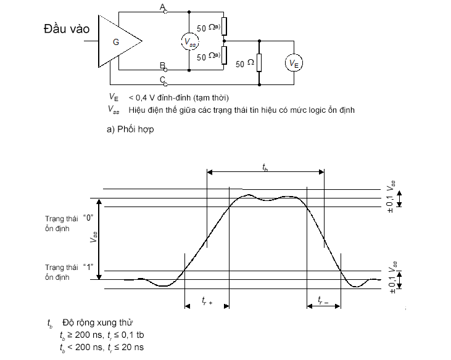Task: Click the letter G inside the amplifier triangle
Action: click(x=116, y=42)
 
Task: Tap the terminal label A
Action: click(x=162, y=7)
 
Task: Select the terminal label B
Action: click(x=162, y=65)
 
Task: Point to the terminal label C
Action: click(x=162, y=80)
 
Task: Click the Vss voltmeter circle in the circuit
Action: click(x=190, y=41)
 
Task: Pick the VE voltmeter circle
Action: click(x=294, y=63)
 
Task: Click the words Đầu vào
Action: click(x=67, y=29)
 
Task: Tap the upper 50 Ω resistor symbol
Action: click(x=224, y=26)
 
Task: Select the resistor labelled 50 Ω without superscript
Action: click(x=259, y=63)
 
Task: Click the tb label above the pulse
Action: click(x=265, y=167)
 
